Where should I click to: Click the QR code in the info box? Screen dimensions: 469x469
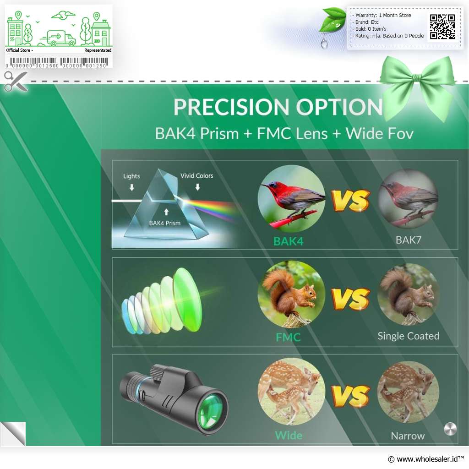(442, 27)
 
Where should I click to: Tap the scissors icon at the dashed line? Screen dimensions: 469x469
(16, 81)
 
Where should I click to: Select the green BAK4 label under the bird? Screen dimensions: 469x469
(289, 241)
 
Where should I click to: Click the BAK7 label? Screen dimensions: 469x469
(408, 240)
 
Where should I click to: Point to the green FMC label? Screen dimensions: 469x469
(288, 337)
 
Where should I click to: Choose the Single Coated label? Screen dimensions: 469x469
(408, 336)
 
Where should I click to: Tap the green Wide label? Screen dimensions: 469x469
(289, 435)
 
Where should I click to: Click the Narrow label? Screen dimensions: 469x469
(408, 436)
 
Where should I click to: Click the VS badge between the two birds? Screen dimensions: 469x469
(350, 201)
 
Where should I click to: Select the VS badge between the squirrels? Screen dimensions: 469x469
(350, 299)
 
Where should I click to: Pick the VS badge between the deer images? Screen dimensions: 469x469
(350, 396)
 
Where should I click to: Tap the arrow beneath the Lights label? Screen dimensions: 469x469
(131, 187)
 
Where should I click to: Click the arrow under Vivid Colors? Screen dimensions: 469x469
(197, 187)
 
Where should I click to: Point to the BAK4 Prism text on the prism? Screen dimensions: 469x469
(165, 223)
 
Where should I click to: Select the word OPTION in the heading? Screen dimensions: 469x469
(339, 107)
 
